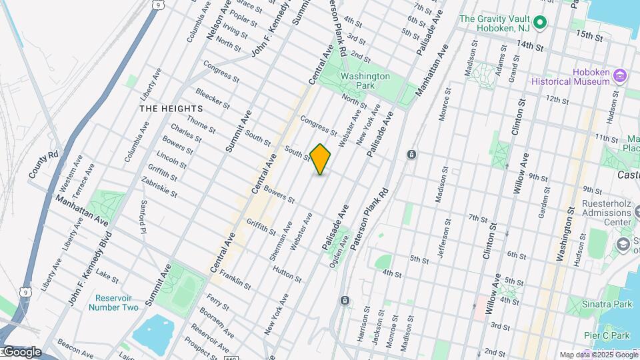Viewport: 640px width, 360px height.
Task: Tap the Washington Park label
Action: (x=365, y=81)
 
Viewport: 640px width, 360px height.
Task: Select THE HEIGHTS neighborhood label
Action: (x=171, y=108)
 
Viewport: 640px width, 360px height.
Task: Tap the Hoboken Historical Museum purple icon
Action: (x=620, y=75)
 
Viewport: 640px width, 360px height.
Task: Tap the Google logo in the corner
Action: (x=21, y=352)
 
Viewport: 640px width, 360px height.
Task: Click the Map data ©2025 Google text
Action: (x=598, y=355)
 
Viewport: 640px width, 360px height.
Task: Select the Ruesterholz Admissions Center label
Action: (x=604, y=213)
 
